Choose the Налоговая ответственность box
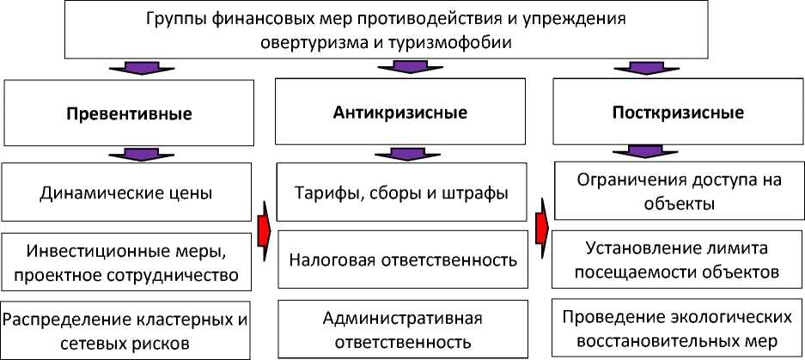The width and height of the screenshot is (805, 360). click(402, 259)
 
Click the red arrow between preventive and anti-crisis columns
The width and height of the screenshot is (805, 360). click(265, 226)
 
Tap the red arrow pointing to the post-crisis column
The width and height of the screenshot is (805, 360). click(542, 225)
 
